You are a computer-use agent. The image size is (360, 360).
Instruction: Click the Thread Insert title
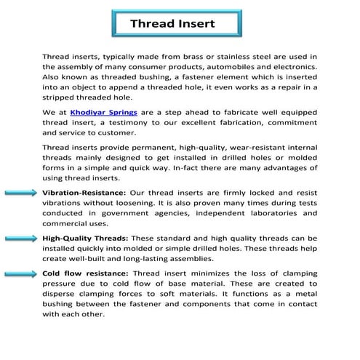pyautogui.click(x=172, y=23)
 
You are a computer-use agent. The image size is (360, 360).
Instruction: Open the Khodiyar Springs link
pyautogui.click(x=103, y=113)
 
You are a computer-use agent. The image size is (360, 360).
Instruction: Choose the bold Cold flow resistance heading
pyautogui.click(x=86, y=274)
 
